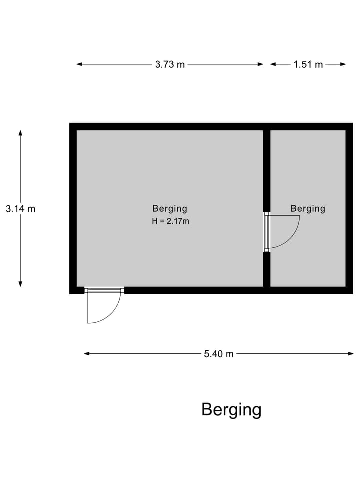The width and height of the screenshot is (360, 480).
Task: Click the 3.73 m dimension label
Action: (170, 64)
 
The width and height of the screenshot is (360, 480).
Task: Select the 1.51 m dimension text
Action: (308, 64)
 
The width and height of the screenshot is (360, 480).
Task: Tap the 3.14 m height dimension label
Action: (21, 209)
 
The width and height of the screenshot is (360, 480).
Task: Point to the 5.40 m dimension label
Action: (219, 354)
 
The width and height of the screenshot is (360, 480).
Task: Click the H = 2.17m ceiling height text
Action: (171, 221)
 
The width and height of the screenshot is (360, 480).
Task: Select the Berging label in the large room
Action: (170, 209)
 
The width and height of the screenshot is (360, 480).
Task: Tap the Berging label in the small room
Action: (308, 209)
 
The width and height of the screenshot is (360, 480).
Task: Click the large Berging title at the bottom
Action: (231, 410)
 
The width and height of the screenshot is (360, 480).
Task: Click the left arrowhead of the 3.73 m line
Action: (79, 64)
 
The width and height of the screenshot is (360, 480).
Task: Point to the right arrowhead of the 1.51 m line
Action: (343, 64)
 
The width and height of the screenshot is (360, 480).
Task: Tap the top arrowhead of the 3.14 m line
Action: (20, 133)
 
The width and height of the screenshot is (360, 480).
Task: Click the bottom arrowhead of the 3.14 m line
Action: (20, 284)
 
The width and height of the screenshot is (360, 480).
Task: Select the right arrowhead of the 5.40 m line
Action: (350, 354)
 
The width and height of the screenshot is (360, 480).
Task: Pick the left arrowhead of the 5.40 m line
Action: (87, 354)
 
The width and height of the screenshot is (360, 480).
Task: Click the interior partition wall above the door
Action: (267, 171)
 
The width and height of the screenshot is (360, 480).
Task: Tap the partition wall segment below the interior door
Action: (267, 269)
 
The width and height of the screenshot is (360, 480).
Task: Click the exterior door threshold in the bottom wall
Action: (104, 290)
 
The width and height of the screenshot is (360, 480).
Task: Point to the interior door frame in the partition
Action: (267, 231)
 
